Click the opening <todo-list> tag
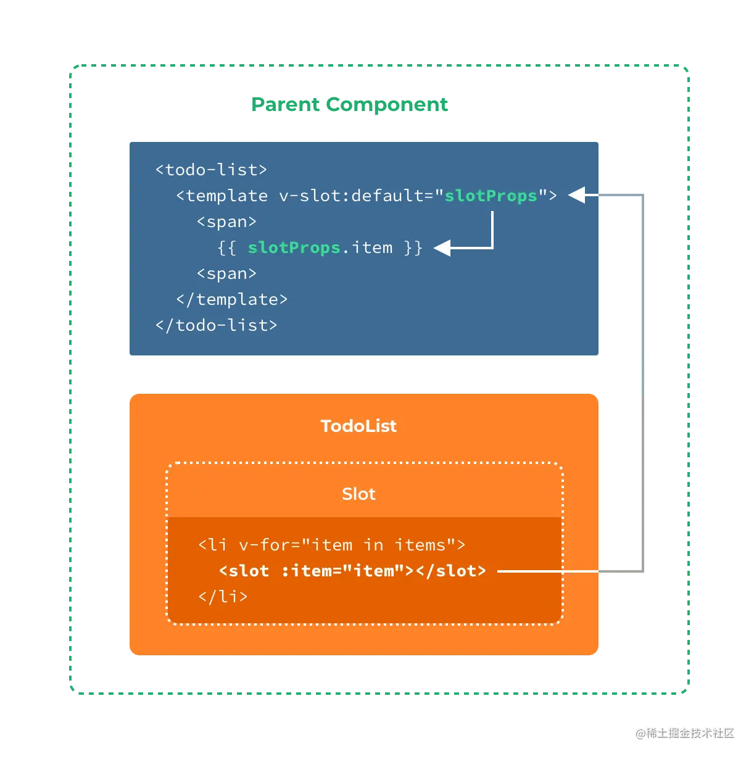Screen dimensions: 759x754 point(211,170)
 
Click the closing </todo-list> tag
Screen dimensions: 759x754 point(216,325)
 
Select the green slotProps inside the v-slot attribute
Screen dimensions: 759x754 point(491,196)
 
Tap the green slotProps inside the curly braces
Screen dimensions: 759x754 point(294,247)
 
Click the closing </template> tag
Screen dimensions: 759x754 point(231,299)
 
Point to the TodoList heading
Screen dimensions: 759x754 point(358,426)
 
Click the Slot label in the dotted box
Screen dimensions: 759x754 point(358,494)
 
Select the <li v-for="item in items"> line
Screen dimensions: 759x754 point(331,545)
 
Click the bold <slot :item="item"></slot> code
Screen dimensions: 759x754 point(352,571)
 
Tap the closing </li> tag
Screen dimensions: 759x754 point(223,597)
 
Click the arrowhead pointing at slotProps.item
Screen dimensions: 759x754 point(441,248)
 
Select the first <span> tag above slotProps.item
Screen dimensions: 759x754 point(226,222)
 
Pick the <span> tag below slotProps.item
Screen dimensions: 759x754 point(226,273)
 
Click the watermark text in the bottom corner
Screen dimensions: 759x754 point(685,732)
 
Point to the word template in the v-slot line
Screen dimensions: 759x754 point(226,196)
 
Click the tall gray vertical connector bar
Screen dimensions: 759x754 point(664,383)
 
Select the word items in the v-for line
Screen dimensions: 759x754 point(420,545)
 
